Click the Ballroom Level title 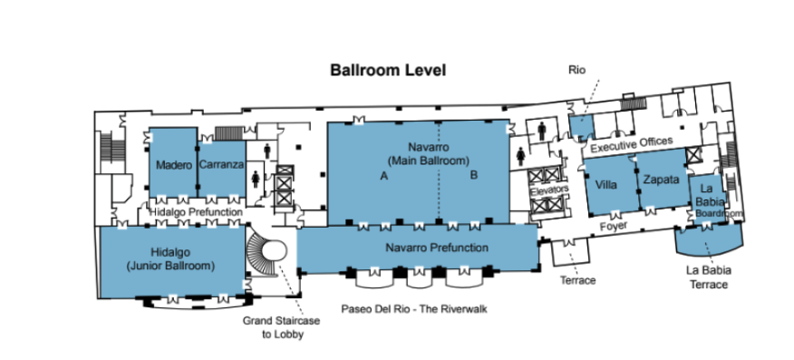point(388,70)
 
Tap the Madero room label point(174,165)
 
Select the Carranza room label point(222,164)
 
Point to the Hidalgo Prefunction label point(196,212)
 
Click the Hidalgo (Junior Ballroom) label point(170,258)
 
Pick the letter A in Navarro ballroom point(383,176)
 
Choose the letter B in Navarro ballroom point(474,175)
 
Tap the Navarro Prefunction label point(437,248)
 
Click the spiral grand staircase point(265,251)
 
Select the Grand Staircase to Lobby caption point(281,327)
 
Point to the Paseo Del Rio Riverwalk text point(414,309)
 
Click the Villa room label point(606,185)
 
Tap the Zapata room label point(661,180)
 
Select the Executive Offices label point(632,144)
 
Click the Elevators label point(549,190)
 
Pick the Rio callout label point(576,70)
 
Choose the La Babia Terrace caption point(709,277)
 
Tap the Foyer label point(614,227)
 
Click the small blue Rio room point(581,127)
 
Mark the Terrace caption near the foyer point(577,280)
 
